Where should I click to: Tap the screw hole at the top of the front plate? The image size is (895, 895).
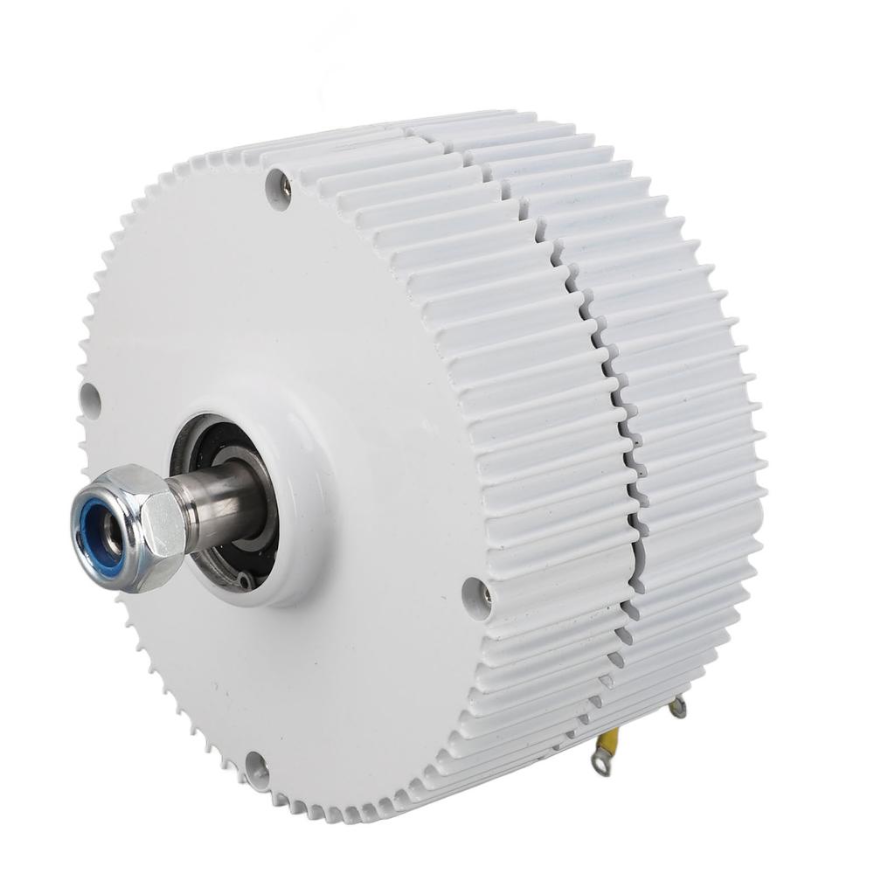point(278,187)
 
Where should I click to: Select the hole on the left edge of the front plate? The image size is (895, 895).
point(89,398)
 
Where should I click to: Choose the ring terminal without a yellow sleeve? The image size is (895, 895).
point(676,708)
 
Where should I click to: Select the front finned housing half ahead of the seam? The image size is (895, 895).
point(524,367)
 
